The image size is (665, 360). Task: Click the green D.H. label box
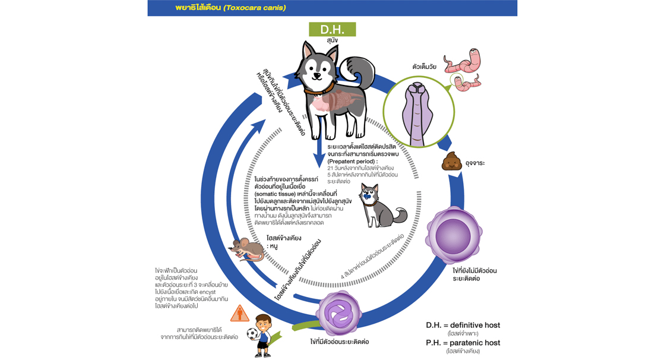pos(332,29)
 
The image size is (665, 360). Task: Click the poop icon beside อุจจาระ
pos(452,162)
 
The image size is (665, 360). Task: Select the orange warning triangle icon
pos(240,313)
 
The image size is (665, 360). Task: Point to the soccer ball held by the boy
pos(252,334)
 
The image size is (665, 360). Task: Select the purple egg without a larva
pos(454,233)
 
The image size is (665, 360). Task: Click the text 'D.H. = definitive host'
pos(463,325)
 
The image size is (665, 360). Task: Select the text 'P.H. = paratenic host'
pos(463,343)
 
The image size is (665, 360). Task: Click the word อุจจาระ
pos(475,163)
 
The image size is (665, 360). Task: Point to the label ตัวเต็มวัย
pos(424,67)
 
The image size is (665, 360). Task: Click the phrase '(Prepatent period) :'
pos(353,161)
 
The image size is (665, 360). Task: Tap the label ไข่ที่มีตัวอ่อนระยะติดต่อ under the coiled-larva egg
pos(339,342)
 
